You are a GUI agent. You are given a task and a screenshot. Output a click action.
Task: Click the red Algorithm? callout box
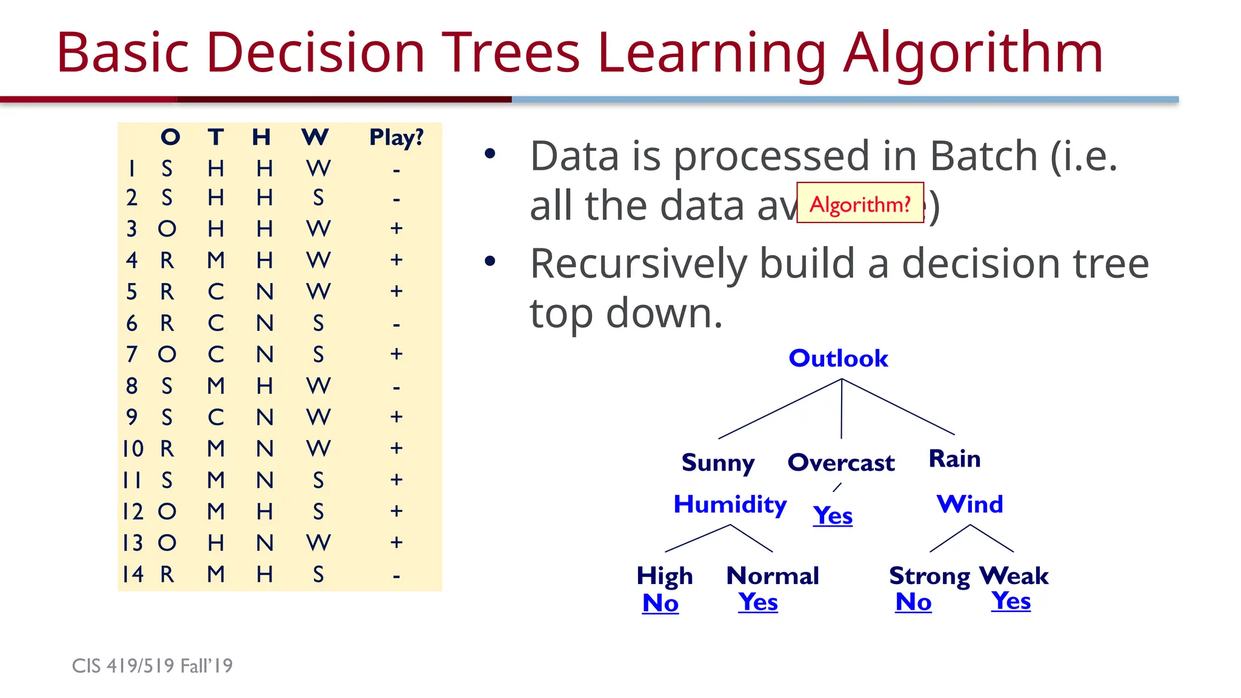click(860, 204)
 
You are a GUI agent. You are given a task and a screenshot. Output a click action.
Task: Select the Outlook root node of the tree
click(838, 359)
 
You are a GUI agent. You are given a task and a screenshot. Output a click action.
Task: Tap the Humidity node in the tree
click(730, 504)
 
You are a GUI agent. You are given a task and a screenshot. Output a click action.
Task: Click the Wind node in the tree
click(970, 504)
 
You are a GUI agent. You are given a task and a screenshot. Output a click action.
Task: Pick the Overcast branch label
click(840, 463)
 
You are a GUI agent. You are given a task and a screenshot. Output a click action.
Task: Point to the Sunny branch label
click(718, 463)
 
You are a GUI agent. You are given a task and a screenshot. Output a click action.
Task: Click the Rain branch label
click(954, 459)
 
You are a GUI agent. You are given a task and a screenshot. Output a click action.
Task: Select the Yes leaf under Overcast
click(833, 516)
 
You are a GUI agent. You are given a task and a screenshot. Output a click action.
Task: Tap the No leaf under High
click(660, 603)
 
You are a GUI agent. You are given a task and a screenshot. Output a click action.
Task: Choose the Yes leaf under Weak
click(1011, 601)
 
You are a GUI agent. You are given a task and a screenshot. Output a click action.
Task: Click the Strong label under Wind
click(929, 576)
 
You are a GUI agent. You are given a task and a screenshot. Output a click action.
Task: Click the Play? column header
click(396, 138)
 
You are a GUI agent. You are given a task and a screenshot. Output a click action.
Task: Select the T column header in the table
click(216, 137)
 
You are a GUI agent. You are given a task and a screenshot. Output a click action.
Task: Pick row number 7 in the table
click(131, 354)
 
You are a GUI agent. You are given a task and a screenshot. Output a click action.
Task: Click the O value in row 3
click(167, 229)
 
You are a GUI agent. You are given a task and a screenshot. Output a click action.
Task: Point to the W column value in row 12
click(318, 512)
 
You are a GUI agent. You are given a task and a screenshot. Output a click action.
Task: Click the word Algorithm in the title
click(973, 53)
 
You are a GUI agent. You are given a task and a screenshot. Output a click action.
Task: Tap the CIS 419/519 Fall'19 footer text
click(152, 666)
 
